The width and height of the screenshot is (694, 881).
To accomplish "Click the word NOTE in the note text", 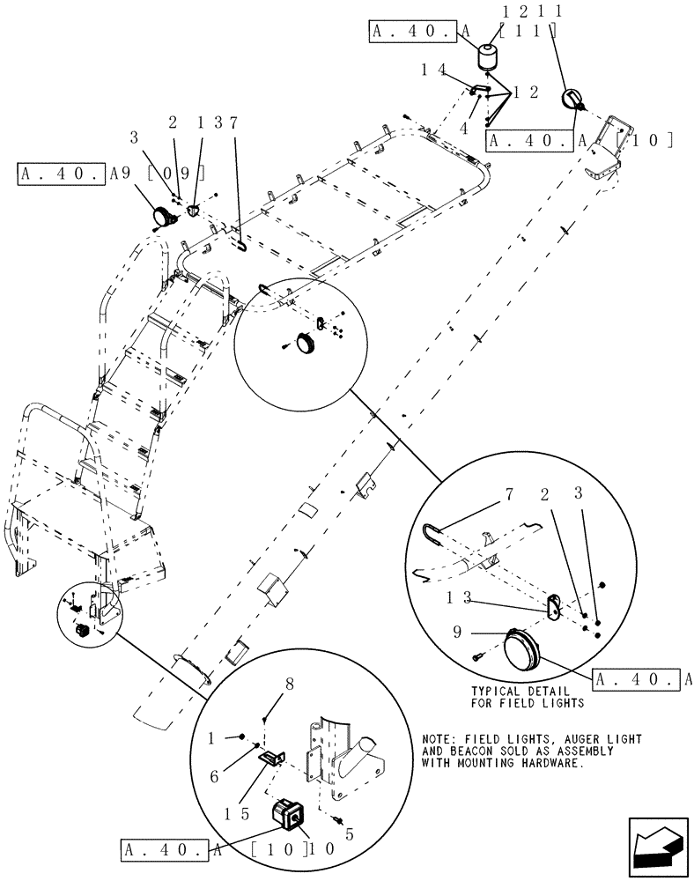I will tap(439, 738).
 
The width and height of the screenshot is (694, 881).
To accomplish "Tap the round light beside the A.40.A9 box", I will tap(164, 215).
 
